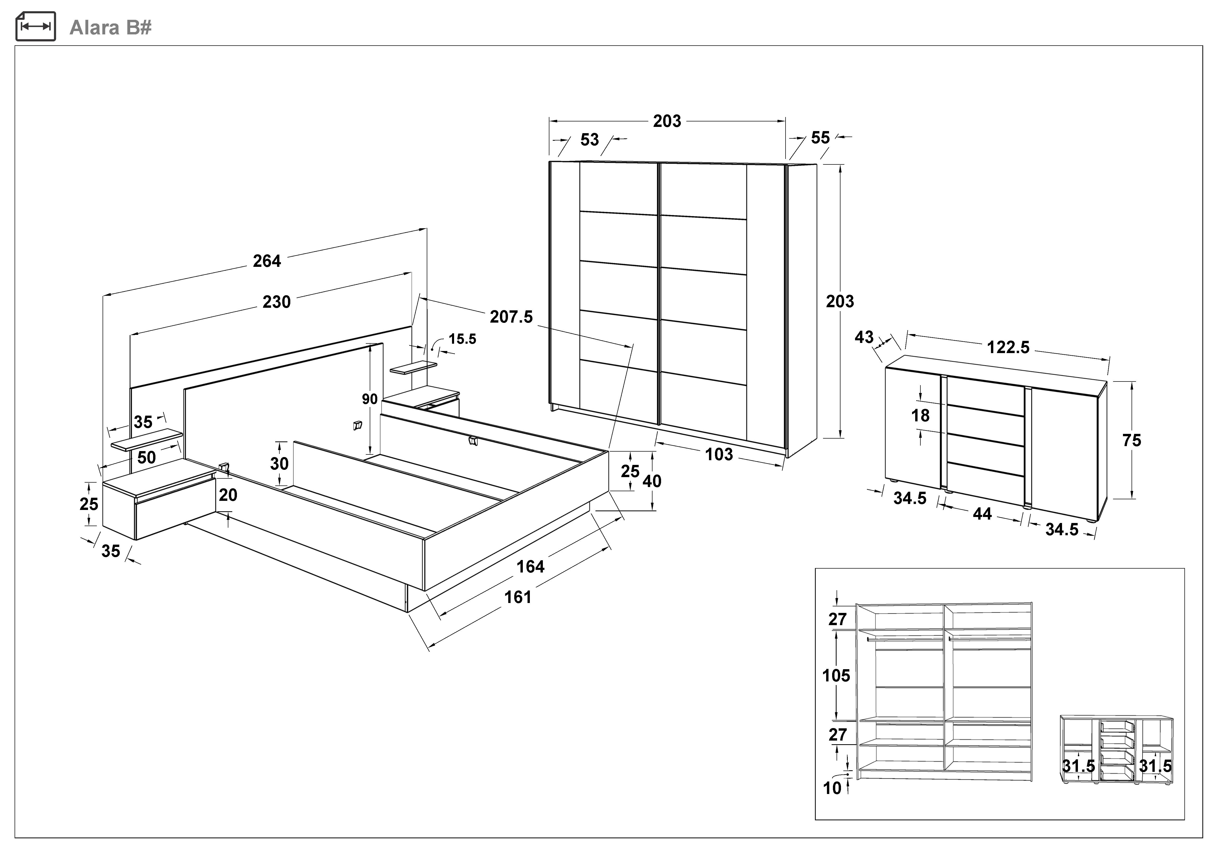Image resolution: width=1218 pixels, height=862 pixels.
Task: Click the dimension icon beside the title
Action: (x=36, y=27)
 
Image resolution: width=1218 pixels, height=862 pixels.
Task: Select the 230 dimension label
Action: (x=277, y=302)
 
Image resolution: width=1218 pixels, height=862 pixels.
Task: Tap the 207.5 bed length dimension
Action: (x=511, y=317)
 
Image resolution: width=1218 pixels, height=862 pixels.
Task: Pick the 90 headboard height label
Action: (x=370, y=399)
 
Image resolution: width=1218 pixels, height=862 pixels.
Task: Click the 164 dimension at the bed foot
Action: (x=530, y=567)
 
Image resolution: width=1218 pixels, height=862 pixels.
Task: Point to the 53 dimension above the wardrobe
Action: (x=589, y=140)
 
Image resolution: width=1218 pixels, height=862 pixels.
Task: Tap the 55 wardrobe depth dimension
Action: (x=820, y=138)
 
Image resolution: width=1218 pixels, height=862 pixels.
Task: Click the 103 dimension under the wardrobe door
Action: (x=719, y=454)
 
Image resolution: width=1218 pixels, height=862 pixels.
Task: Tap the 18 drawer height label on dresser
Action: (x=920, y=416)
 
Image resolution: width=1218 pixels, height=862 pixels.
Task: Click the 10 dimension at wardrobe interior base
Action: (x=832, y=788)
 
